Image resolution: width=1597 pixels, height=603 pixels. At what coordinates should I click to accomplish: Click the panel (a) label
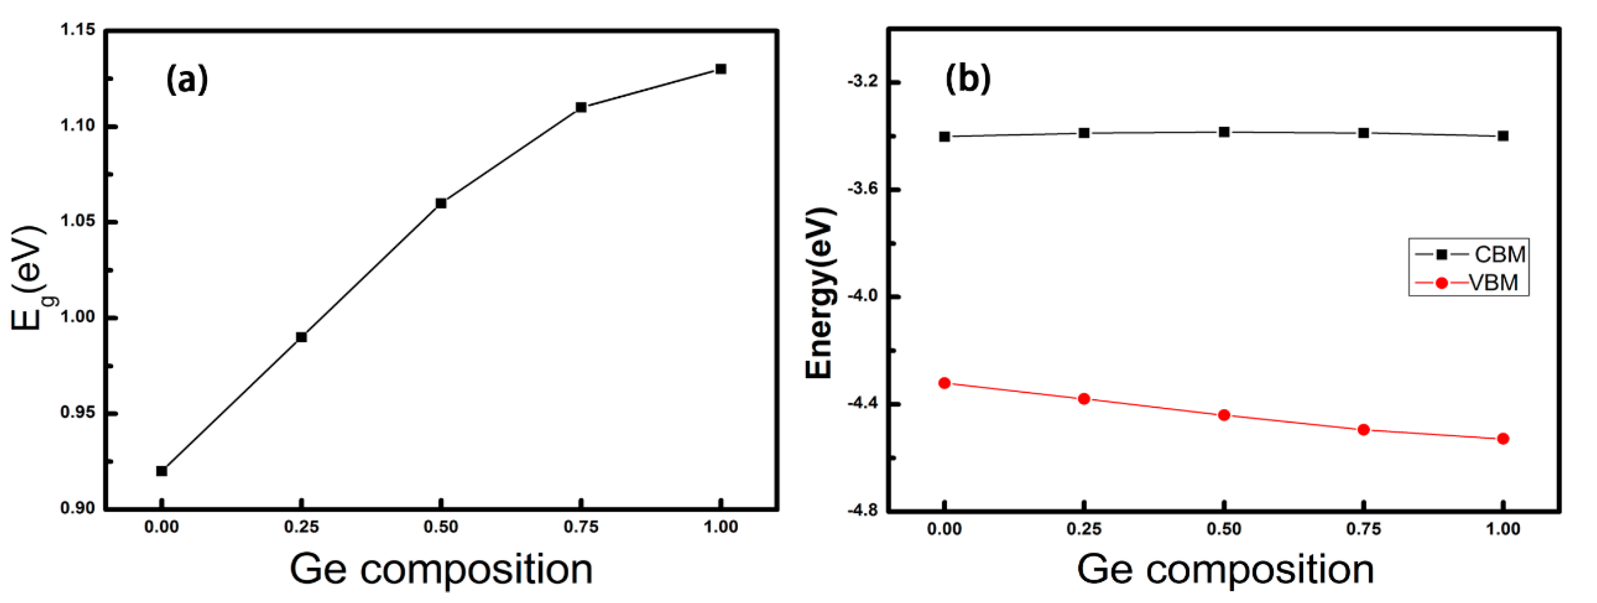(x=187, y=80)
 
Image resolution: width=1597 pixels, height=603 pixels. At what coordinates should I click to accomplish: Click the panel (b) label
(x=968, y=79)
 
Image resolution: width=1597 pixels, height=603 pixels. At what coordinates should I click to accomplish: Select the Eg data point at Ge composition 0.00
(x=162, y=471)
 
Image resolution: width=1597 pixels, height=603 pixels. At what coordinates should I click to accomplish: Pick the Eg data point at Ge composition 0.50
(x=441, y=203)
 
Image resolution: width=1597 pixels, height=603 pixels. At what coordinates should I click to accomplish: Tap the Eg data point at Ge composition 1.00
(x=720, y=69)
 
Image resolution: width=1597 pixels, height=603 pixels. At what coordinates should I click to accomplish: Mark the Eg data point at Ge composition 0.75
(x=581, y=107)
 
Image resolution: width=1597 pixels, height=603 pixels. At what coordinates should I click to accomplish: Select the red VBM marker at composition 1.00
(x=1503, y=439)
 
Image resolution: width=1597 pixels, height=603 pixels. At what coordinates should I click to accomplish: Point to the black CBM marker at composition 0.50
(x=1224, y=132)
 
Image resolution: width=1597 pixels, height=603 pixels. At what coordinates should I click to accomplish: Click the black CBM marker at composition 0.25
(x=1084, y=133)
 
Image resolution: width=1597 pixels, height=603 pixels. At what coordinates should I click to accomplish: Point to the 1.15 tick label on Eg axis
(x=78, y=30)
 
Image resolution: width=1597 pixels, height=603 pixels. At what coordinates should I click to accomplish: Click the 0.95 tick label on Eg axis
(x=78, y=413)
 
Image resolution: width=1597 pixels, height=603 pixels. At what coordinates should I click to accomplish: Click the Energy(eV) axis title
(x=820, y=292)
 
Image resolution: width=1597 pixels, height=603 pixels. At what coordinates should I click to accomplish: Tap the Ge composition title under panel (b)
(x=1225, y=569)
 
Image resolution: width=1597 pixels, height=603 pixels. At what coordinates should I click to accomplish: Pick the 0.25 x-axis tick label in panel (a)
(x=302, y=527)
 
